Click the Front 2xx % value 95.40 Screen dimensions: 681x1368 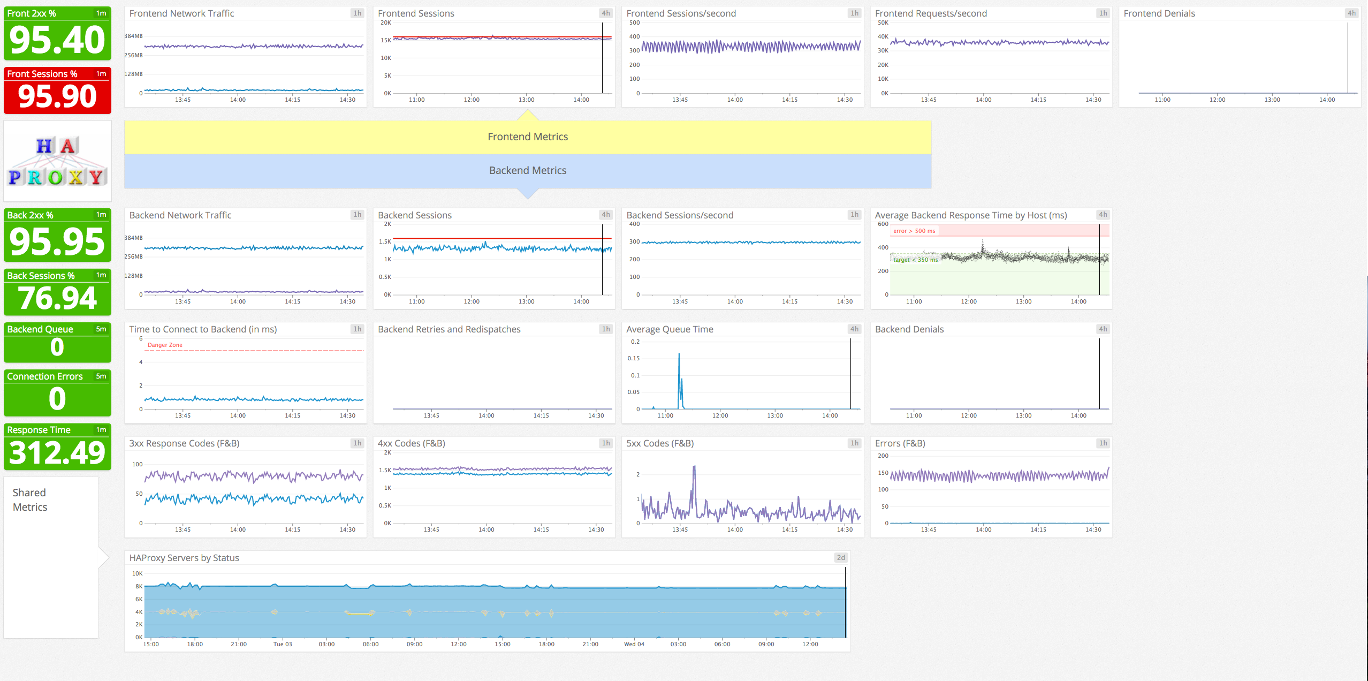pyautogui.click(x=57, y=40)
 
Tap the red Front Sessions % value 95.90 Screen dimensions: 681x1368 pyautogui.click(x=57, y=96)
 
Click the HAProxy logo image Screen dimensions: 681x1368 pyautogui.click(x=57, y=161)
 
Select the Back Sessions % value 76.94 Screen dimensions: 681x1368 pyautogui.click(x=57, y=298)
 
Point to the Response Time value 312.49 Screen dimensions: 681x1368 pyautogui.click(x=57, y=453)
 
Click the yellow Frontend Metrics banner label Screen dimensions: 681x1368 pyautogui.click(x=527, y=137)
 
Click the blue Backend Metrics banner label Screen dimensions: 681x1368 pyautogui.click(x=527, y=170)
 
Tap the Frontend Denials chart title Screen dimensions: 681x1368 pyautogui.click(x=1159, y=13)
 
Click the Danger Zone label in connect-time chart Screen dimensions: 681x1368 pyautogui.click(x=165, y=345)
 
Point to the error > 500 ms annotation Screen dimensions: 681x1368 pyautogui.click(x=914, y=231)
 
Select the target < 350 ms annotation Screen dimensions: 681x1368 pyautogui.click(x=915, y=260)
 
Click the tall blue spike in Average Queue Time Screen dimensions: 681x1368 pyautogui.click(x=679, y=355)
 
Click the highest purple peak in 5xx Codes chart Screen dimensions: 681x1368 pyautogui.click(x=694, y=468)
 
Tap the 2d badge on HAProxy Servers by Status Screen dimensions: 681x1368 pyautogui.click(x=841, y=557)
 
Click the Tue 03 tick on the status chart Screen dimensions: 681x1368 pyautogui.click(x=283, y=644)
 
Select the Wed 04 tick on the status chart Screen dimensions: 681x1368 pyautogui.click(x=634, y=644)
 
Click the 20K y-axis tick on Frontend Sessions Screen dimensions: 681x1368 pyautogui.click(x=385, y=22)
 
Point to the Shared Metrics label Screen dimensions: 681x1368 pyautogui.click(x=30, y=500)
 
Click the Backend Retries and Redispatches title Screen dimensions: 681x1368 pyautogui.click(x=449, y=329)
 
